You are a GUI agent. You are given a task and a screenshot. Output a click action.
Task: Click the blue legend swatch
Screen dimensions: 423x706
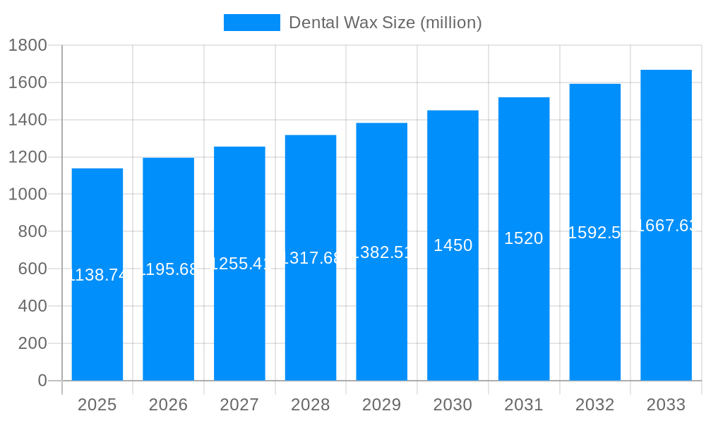coord(251,23)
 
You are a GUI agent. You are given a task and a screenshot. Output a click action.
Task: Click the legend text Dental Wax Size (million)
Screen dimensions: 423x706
coord(385,23)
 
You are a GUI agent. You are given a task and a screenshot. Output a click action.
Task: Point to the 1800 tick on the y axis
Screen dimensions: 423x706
coord(28,46)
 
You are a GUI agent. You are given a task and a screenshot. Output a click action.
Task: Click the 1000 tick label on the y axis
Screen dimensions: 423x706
coord(28,195)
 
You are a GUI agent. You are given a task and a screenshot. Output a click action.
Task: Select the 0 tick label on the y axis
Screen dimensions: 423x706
coord(42,381)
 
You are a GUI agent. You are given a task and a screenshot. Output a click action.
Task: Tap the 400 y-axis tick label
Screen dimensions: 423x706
coord(32,306)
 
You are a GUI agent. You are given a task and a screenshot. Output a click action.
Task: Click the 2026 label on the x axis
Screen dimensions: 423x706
coord(168,405)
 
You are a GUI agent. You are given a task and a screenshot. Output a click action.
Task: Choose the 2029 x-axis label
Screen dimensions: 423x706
coord(381,405)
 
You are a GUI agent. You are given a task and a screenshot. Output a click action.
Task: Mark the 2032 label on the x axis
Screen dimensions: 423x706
coord(594,405)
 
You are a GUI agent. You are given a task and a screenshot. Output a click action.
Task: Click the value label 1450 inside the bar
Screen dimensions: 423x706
coord(453,245)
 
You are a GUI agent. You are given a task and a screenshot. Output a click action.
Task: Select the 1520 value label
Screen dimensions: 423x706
coord(524,238)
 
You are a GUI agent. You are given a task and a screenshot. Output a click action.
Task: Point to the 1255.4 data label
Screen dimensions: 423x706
coord(239,264)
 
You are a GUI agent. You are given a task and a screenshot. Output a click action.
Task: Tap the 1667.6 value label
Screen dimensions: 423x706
coord(666,226)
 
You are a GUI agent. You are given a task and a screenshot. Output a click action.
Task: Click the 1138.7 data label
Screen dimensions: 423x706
coord(97,276)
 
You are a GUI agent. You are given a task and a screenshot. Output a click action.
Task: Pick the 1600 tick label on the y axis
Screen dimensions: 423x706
coord(28,83)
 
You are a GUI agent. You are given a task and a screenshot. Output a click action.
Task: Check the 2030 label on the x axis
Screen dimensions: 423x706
coord(453,405)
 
